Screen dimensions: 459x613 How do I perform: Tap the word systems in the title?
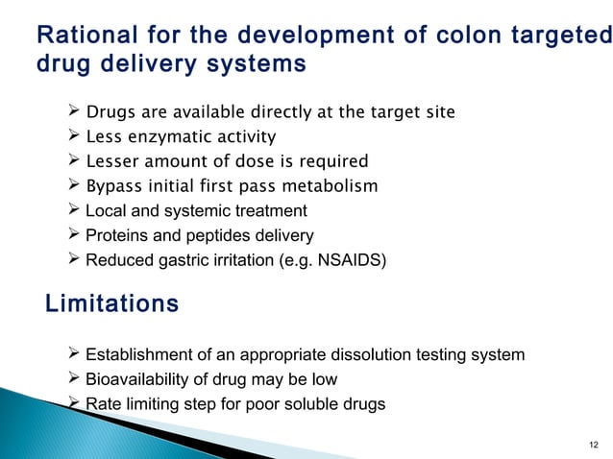pos(263,64)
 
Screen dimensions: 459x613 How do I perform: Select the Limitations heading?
pos(112,304)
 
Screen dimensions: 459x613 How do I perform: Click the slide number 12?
pos(592,444)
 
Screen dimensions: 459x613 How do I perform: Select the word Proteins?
pos(114,235)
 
